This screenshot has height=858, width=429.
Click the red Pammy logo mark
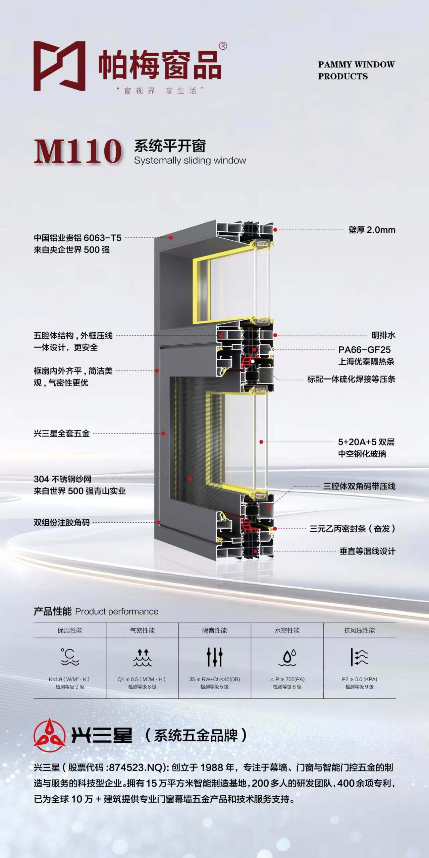(59, 66)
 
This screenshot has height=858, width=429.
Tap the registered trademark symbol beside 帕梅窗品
(223, 46)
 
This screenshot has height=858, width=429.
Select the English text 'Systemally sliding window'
(190, 161)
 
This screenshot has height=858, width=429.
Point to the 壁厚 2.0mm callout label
(372, 230)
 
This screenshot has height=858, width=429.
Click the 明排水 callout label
(383, 335)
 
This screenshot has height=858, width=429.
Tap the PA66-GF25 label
(365, 350)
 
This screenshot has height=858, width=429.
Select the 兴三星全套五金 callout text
(62, 433)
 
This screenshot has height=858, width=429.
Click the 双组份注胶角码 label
(62, 522)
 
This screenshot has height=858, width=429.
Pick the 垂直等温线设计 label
(367, 551)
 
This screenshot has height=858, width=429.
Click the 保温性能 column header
(70, 630)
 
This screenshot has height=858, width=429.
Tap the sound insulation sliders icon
(215, 657)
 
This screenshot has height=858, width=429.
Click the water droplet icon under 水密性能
(287, 657)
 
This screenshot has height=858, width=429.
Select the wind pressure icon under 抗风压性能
(360, 657)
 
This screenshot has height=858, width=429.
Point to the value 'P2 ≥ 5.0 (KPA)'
(360, 679)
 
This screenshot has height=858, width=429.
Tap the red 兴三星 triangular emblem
(49, 735)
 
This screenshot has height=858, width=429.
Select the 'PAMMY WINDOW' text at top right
(357, 64)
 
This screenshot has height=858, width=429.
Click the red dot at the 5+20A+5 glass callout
(261, 442)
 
